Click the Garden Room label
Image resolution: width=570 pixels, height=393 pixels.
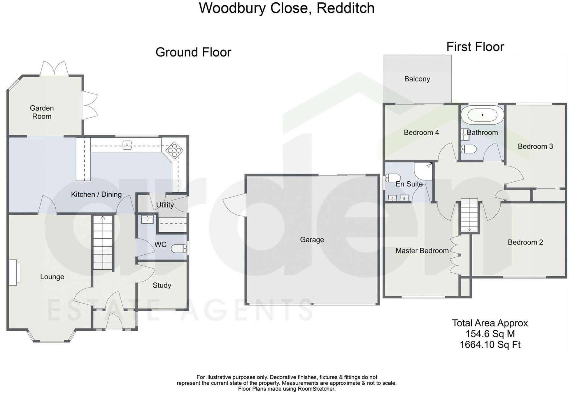[x=42, y=112]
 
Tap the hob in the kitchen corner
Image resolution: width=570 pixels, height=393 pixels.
[x=174, y=150]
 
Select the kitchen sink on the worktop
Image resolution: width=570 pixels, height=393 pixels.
[x=127, y=145]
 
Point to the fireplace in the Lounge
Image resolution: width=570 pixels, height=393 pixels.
[x=15, y=272]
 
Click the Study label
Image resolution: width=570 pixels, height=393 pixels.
[x=162, y=285]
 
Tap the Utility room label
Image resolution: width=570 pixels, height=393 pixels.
[x=165, y=205]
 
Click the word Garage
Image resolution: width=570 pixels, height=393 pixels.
[x=312, y=240]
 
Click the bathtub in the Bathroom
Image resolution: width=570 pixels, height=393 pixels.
[x=482, y=115]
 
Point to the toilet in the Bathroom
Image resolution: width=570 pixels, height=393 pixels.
[x=469, y=149]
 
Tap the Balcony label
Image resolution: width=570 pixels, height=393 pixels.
[x=417, y=79]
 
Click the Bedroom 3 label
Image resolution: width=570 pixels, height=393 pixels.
[x=535, y=146]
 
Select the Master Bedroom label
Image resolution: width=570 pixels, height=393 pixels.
[x=422, y=251]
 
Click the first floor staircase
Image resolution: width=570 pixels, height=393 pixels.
[x=469, y=215]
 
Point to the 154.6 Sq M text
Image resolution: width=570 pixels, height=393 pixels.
[x=490, y=334]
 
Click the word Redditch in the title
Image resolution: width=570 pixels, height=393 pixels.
[x=345, y=8]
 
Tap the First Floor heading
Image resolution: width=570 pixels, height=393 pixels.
[x=475, y=47]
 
